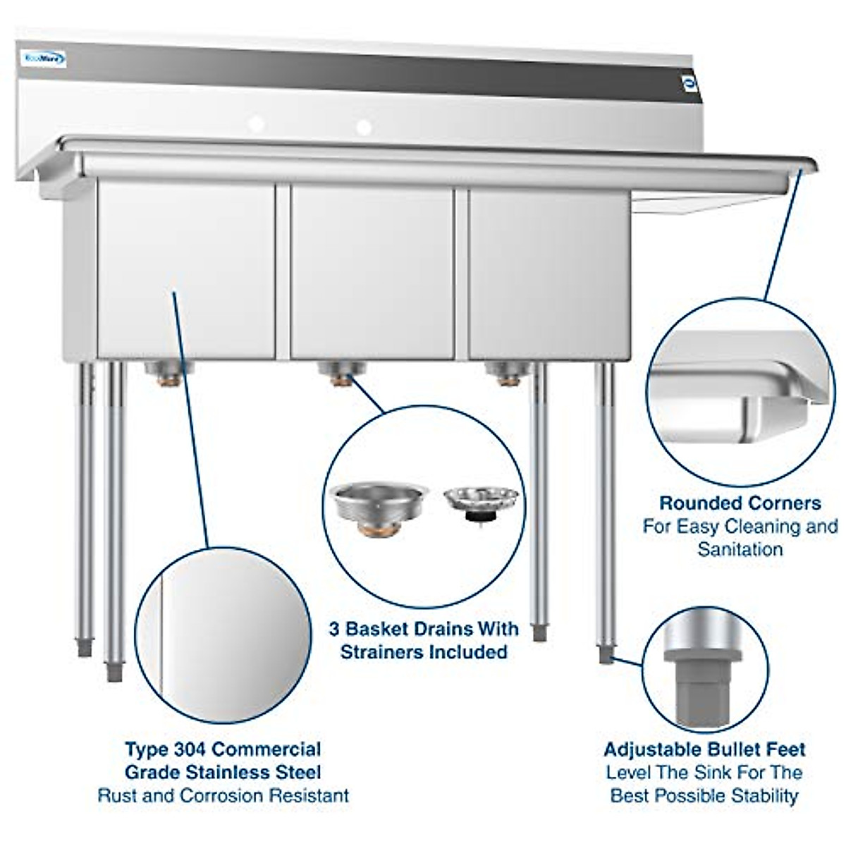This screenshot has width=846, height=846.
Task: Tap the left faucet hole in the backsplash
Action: [x=257, y=124]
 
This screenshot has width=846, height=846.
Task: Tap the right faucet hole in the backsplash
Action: [x=364, y=128]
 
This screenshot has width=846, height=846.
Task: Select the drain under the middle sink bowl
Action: [x=341, y=372]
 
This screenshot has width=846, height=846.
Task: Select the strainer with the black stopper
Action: [x=481, y=502]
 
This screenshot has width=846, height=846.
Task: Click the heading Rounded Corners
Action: [x=740, y=503]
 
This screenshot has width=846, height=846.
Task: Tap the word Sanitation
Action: [x=740, y=548]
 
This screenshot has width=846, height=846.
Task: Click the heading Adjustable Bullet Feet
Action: [x=704, y=749]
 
